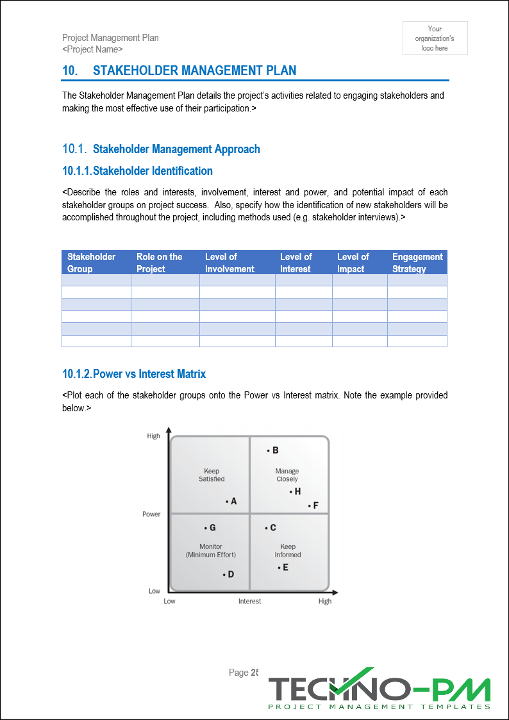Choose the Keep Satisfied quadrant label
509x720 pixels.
pos(211,475)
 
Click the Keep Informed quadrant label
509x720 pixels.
pos(287,551)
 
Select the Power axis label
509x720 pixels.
pos(151,514)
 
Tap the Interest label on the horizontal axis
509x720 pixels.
pos(249,601)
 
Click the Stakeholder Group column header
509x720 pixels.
pos(92,263)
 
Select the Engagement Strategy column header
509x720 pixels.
pos(417,263)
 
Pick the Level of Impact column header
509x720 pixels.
pos(353,263)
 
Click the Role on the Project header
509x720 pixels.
pos(159,263)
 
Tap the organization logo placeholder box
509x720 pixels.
pos(435,38)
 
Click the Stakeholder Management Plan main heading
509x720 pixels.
pos(194,70)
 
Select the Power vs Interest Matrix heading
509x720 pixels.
pos(134,373)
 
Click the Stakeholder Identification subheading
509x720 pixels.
pos(137,171)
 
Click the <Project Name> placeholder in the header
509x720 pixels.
pos(92,49)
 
